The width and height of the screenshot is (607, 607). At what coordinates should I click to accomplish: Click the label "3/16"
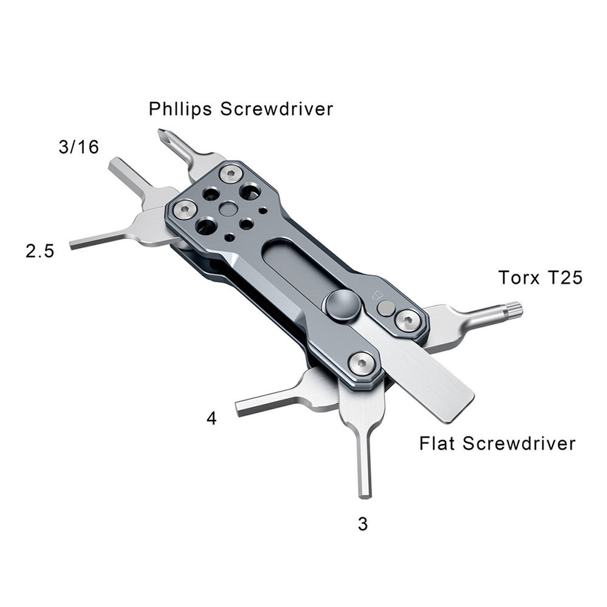coord(78,147)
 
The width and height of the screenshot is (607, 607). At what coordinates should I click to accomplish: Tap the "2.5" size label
coord(40,251)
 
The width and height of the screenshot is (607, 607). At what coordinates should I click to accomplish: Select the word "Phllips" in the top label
coord(180,109)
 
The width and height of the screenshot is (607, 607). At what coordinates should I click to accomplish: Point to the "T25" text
coord(563,277)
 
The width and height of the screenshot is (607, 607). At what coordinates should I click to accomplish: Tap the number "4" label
coord(211,418)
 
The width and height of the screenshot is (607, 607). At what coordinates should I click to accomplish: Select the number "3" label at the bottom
coord(363,524)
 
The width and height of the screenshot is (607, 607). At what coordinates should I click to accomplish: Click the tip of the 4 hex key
coord(238,409)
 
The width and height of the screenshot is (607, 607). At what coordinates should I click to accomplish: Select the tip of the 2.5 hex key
coord(72,245)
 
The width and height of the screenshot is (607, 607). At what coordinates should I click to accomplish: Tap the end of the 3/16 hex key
coord(113,164)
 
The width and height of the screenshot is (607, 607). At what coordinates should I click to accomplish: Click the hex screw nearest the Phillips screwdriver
coord(231,174)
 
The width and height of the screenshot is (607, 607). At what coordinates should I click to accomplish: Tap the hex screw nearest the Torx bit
coord(408,320)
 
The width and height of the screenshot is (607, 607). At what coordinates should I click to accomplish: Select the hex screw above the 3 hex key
coord(362,364)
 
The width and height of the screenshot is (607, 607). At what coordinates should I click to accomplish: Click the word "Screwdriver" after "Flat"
coord(519,443)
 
